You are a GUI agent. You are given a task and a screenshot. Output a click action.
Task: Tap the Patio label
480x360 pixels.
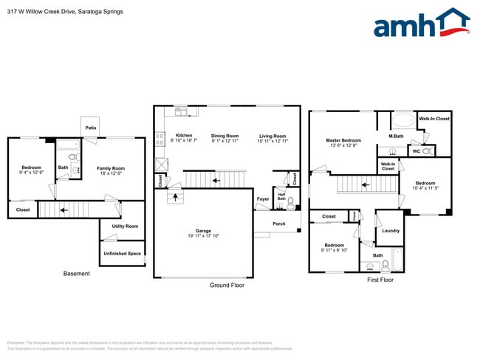click(91, 128)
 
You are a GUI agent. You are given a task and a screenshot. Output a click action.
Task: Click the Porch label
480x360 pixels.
click(278, 224)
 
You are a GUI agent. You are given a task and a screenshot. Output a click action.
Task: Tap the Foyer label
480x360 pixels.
click(263, 199)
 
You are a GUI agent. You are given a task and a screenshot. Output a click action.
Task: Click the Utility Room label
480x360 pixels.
click(125, 226)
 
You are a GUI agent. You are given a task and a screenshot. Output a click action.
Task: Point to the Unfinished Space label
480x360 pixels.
click(123, 254)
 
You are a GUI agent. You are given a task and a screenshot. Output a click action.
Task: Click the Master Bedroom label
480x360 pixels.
click(343, 142)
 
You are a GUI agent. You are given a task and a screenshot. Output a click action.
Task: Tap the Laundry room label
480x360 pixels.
click(391, 231)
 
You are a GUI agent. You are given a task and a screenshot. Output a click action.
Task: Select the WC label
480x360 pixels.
click(416, 151)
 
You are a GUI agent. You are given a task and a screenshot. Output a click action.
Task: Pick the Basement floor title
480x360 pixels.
click(76, 274)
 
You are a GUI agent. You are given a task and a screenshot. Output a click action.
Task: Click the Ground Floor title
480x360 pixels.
click(227, 285)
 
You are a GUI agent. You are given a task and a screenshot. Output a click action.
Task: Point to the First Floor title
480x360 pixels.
click(380, 280)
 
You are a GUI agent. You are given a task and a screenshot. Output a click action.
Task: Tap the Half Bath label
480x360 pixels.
click(281, 197)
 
